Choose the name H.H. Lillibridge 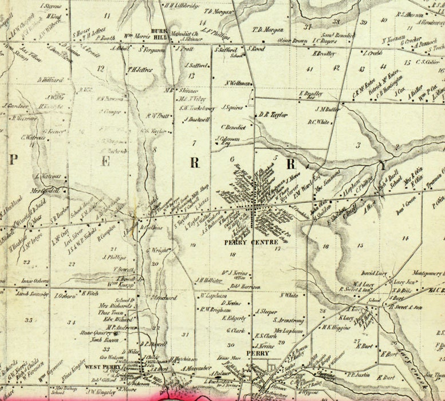click(181, 6)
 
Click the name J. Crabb click(372, 53)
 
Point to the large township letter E click(105, 162)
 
